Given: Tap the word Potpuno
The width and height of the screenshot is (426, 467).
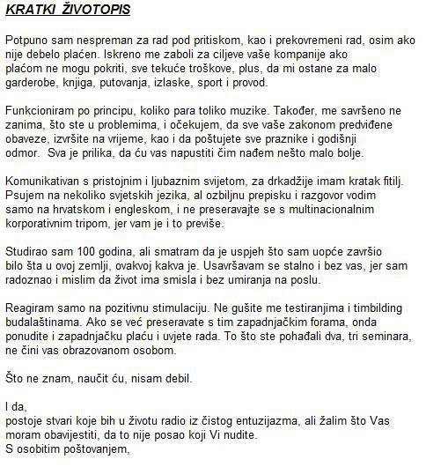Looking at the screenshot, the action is point(27,42).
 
